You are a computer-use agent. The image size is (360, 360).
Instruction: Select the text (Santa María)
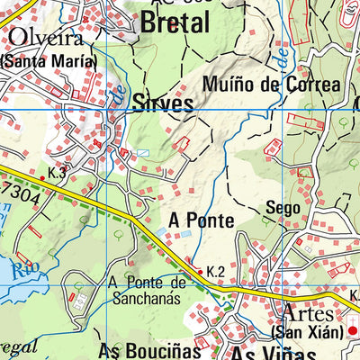pyautogui.click(x=48, y=61)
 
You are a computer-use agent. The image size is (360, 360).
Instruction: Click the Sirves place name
pyautogui.click(x=163, y=103)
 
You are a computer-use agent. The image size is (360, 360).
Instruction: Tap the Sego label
pyautogui.click(x=282, y=209)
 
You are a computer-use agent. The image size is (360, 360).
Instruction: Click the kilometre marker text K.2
pyautogui.click(x=215, y=270)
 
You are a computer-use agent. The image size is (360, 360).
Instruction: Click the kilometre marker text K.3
pyautogui.click(x=58, y=172)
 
